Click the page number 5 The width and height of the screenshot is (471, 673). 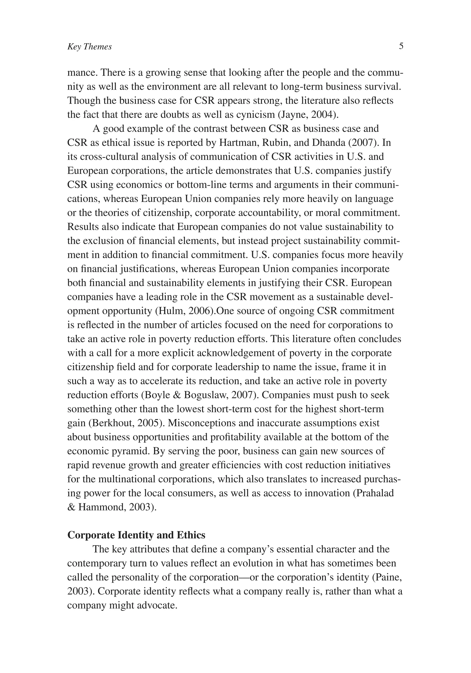[x=401, y=46]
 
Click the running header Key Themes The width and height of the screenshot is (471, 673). [x=89, y=47]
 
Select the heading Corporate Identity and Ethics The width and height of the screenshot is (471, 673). [x=136, y=535]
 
